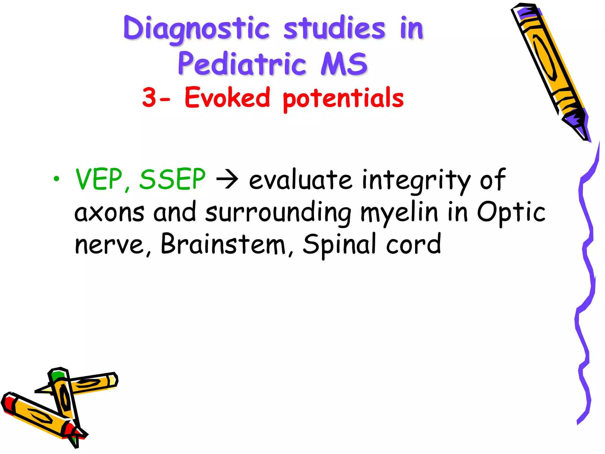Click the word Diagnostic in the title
(196, 29)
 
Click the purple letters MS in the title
(344, 64)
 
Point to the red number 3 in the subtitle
(149, 97)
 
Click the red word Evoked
(227, 97)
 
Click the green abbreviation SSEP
(172, 179)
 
